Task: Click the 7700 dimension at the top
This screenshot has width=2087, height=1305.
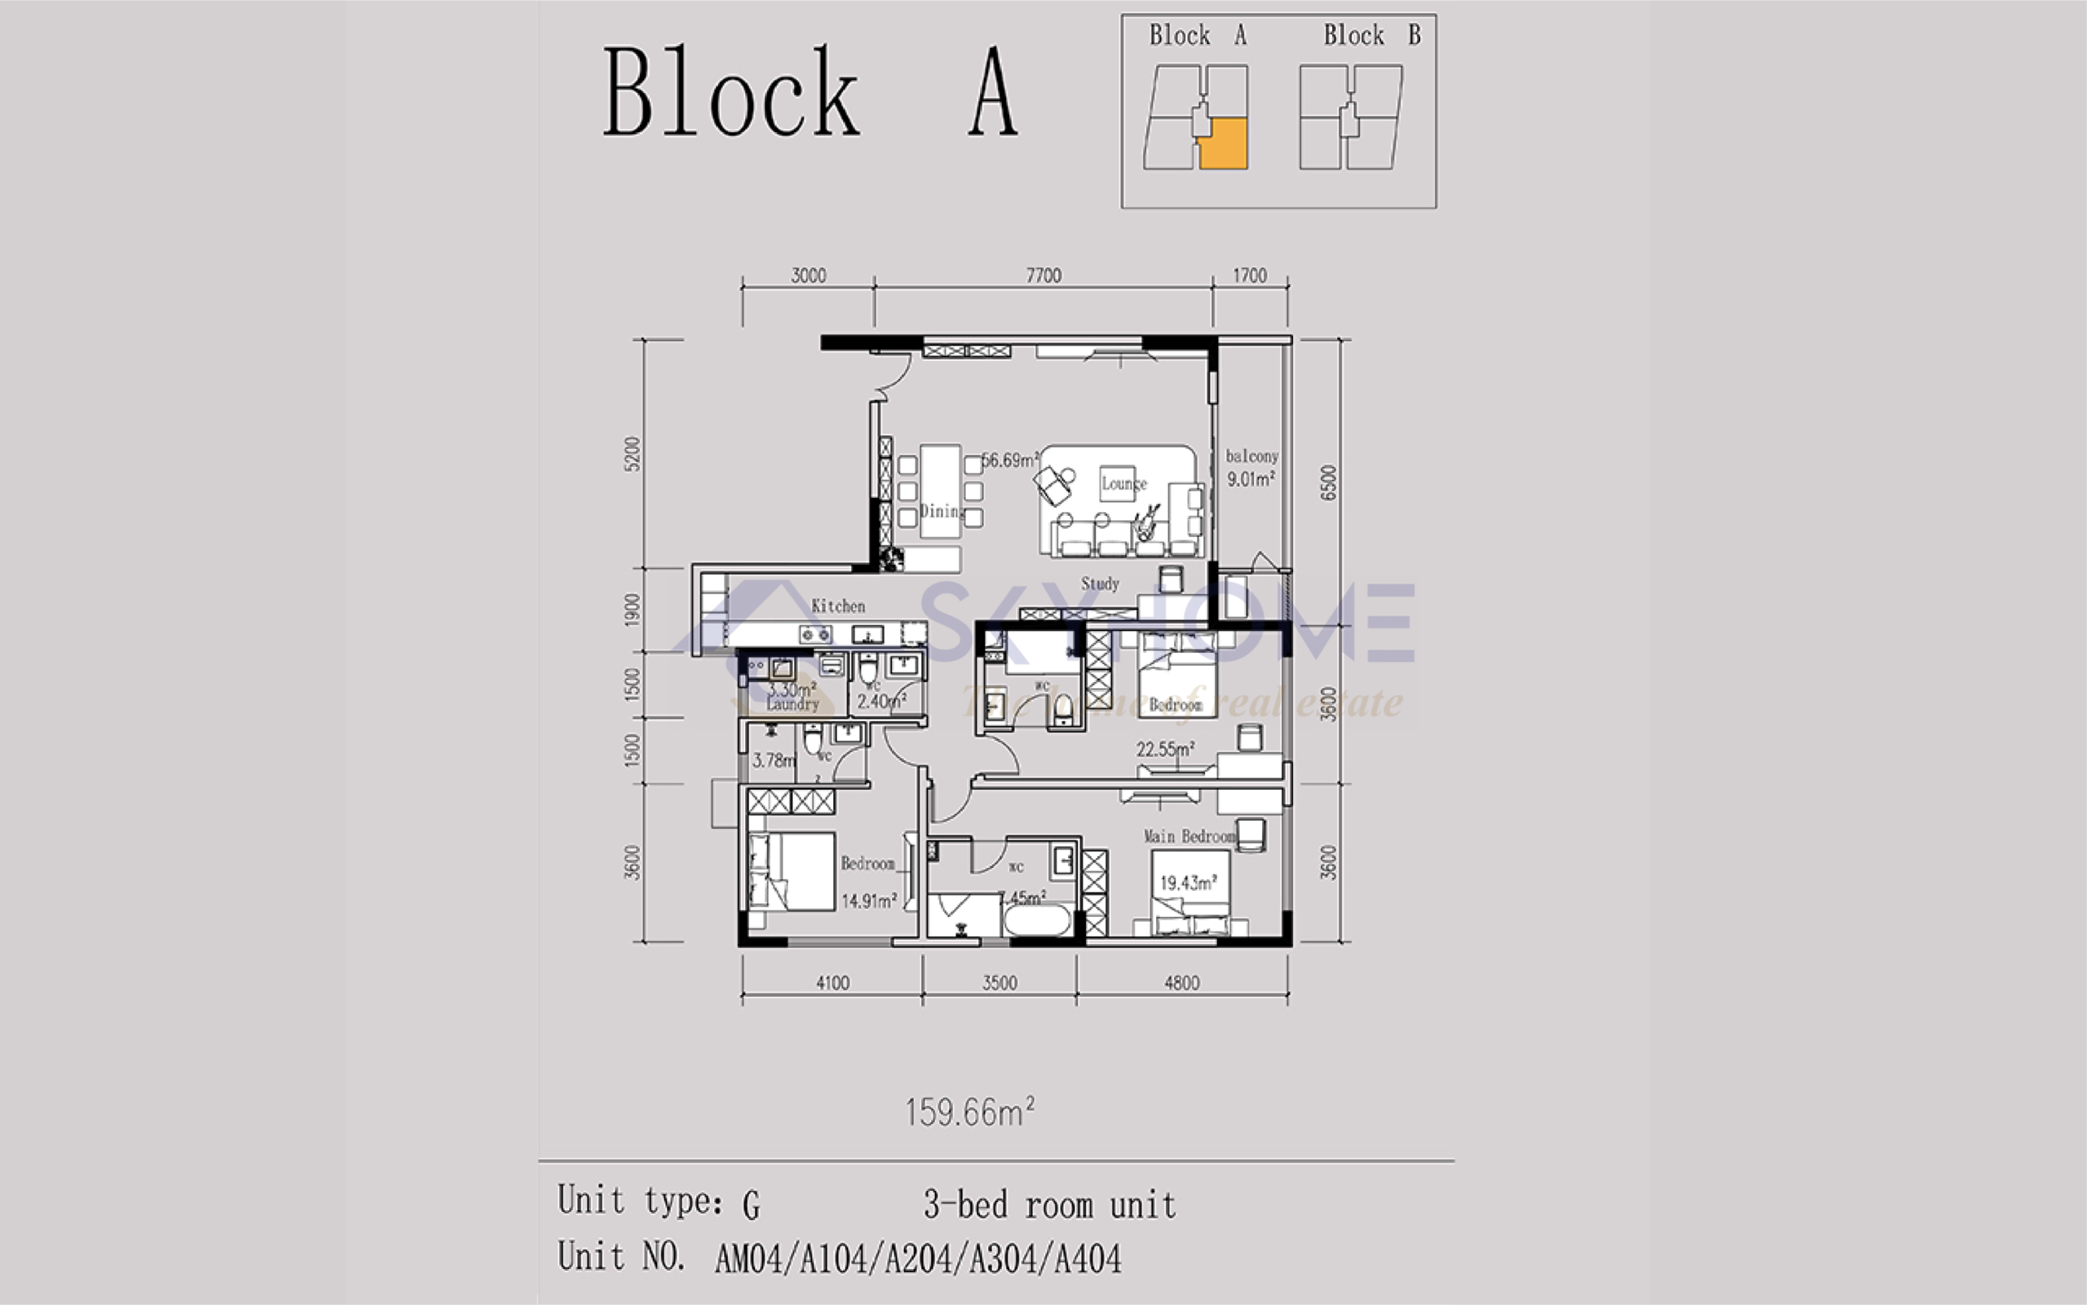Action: coord(1043,276)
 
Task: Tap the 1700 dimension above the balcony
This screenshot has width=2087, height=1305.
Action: coord(1249,276)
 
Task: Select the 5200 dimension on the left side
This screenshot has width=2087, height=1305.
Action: coord(633,454)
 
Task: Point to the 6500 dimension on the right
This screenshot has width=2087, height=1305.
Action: coord(1328,483)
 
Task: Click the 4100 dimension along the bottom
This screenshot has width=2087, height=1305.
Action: coord(832,983)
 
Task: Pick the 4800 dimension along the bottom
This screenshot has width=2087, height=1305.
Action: coord(1181,983)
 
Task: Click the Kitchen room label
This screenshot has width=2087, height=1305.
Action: coord(837,606)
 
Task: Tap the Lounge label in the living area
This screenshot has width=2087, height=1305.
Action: coord(1123,483)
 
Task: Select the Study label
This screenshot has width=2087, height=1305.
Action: coord(1100,584)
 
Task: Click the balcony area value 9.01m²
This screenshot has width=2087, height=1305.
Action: coord(1251,479)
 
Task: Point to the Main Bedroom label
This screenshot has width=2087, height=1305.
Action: coord(1189,836)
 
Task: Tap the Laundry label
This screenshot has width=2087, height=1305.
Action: coord(792,704)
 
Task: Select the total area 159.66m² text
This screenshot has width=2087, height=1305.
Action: coord(969,1113)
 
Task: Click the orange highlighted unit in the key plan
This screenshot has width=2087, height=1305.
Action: coord(1224,144)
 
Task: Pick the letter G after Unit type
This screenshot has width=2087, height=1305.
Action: coord(751,1205)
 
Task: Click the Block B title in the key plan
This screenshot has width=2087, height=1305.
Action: coord(1371,35)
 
